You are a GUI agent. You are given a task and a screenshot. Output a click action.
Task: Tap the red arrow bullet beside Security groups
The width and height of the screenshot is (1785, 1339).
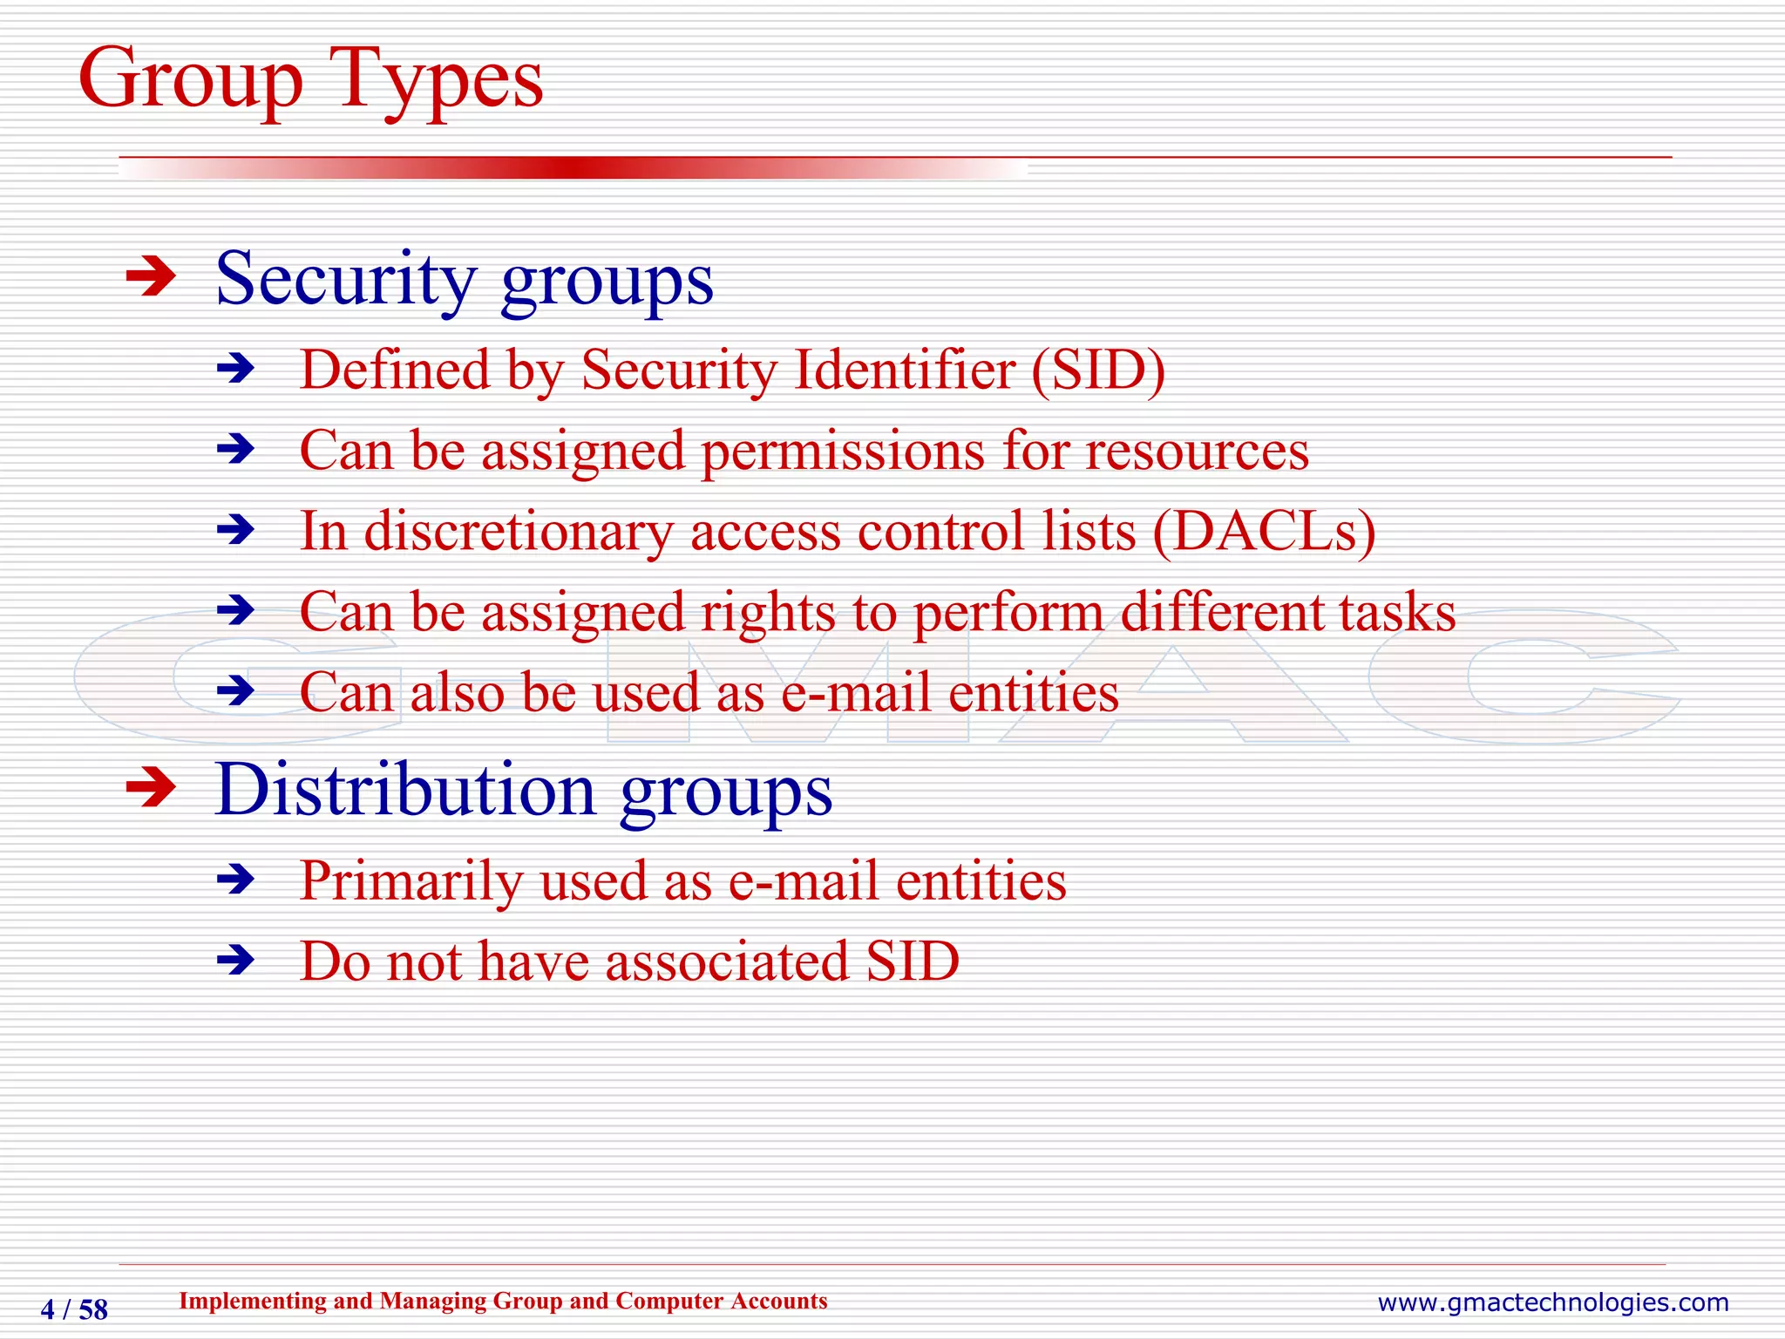point(151,278)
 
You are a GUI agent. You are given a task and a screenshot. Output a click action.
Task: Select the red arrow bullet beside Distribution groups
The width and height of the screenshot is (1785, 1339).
point(151,789)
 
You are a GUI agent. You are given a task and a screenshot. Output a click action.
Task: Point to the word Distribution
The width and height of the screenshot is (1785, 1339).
point(405,790)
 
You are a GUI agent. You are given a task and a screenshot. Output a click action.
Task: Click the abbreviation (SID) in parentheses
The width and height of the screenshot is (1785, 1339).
point(1097,370)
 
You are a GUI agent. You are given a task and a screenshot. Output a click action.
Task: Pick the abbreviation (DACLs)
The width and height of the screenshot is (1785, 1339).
point(1264,532)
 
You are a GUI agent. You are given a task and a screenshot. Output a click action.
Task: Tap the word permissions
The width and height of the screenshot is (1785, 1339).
point(843,452)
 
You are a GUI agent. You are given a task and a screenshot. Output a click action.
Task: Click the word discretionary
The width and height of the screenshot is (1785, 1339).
point(518,532)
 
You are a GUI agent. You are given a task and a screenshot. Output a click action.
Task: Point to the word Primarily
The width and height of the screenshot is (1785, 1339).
point(411,880)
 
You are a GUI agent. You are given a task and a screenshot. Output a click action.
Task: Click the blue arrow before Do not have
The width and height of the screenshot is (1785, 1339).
point(235,961)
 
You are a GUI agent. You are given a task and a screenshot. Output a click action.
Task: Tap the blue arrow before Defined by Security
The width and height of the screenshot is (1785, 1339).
point(235,370)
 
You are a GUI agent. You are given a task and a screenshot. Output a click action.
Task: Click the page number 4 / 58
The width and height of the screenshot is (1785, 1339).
point(74,1309)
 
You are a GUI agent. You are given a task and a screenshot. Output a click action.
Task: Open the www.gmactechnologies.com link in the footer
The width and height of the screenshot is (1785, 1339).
point(1552,1302)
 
